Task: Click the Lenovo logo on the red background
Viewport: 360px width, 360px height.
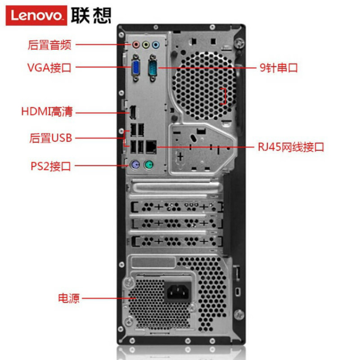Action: pos(36,15)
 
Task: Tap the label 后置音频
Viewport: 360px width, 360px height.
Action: pos(49,45)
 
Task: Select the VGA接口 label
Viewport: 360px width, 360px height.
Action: pos(49,68)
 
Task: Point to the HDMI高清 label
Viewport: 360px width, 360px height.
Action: pos(47,112)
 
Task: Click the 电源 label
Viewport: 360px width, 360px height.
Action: pos(68,298)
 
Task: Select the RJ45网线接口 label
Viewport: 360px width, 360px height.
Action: pos(291,147)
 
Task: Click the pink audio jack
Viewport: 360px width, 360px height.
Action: pos(136,45)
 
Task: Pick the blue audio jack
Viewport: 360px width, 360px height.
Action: pos(156,45)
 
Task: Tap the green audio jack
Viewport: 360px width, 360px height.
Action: pos(146,45)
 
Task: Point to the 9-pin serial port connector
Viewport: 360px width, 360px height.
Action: pos(152,67)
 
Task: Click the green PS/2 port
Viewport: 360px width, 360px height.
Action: pos(148,166)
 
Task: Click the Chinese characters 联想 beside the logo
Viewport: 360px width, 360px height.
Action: pos(91,15)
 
